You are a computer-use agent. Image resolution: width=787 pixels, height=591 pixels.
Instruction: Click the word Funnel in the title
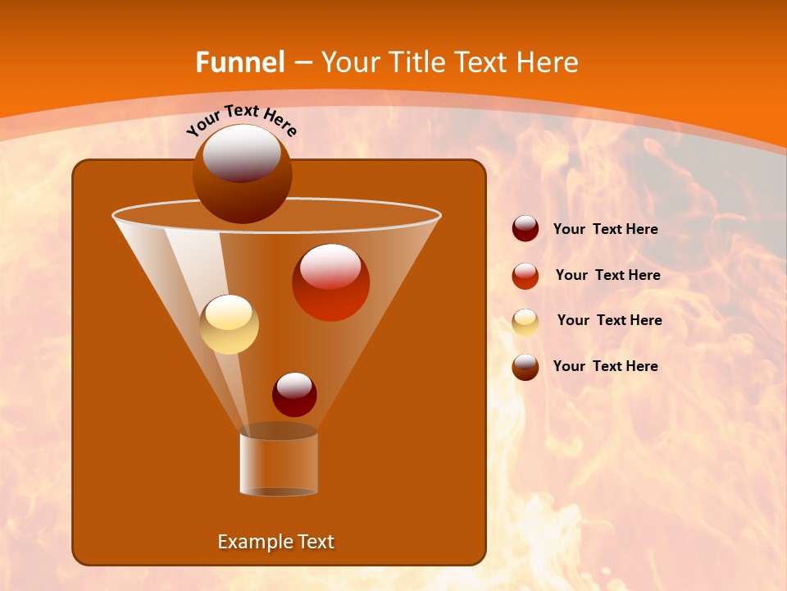[239, 62]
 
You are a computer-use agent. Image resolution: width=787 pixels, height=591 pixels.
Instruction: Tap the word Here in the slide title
[545, 62]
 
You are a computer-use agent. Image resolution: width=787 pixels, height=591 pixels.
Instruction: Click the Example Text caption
[276, 542]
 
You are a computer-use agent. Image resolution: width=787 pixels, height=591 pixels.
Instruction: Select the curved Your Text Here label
[242, 119]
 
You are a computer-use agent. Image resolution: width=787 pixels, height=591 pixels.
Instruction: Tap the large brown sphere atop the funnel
[242, 173]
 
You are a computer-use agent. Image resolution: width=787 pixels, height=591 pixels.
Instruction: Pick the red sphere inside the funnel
[330, 282]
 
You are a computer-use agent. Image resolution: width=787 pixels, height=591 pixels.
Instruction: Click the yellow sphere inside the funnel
[230, 324]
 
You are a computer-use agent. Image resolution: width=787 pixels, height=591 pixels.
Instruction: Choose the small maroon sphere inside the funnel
[294, 394]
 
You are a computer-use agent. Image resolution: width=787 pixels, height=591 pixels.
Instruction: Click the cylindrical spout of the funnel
[279, 463]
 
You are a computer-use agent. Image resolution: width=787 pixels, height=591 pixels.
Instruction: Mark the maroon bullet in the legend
[525, 229]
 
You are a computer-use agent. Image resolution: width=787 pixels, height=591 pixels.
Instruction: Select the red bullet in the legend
[525, 276]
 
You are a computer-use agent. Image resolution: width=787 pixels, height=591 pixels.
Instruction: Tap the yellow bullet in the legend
[525, 322]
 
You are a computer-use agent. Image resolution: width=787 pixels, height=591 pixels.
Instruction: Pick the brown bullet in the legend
[525, 367]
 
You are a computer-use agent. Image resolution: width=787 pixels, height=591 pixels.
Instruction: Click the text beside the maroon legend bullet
[606, 230]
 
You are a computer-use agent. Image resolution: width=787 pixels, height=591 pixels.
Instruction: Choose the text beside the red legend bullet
[607, 276]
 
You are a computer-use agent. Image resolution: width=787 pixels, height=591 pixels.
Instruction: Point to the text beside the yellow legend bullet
[609, 321]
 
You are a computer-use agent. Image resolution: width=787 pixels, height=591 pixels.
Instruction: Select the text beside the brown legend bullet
[606, 366]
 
